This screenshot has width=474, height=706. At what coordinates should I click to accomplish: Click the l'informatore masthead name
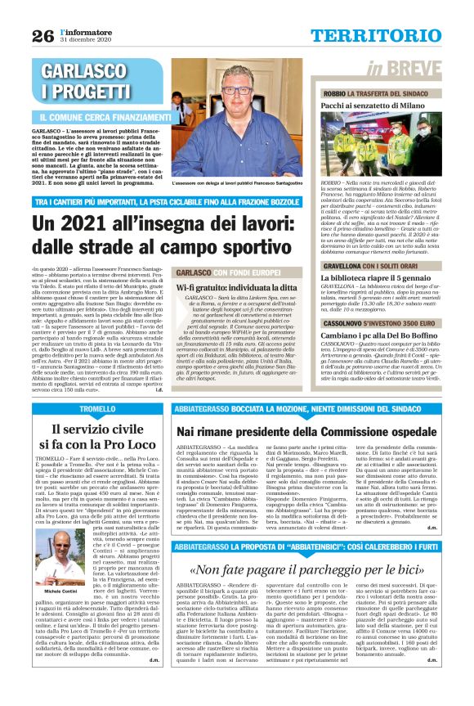[83, 30]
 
